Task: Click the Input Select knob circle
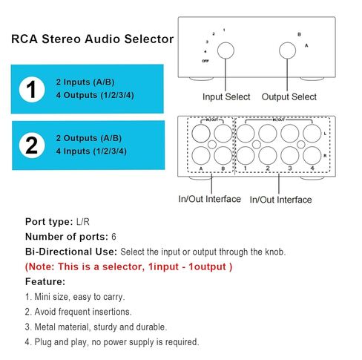tap(226, 50)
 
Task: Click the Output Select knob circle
tap(287, 50)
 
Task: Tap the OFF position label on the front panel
tap(205, 61)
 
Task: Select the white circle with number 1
tap(32, 90)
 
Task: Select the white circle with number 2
tap(32, 145)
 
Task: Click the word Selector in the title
tap(149, 39)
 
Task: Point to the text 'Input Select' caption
tap(226, 96)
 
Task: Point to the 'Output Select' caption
tap(289, 96)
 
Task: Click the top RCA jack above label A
tap(201, 134)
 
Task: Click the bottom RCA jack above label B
tap(223, 155)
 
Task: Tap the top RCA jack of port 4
tap(312, 134)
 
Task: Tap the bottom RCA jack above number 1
tap(246, 155)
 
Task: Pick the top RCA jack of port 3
tap(290, 134)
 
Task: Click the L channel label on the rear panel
tap(325, 134)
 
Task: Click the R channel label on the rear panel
tap(325, 156)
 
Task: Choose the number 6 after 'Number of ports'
tap(113, 237)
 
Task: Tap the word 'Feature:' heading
tap(45, 281)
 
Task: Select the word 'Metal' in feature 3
tap(45, 327)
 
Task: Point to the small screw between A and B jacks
tap(212, 144)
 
